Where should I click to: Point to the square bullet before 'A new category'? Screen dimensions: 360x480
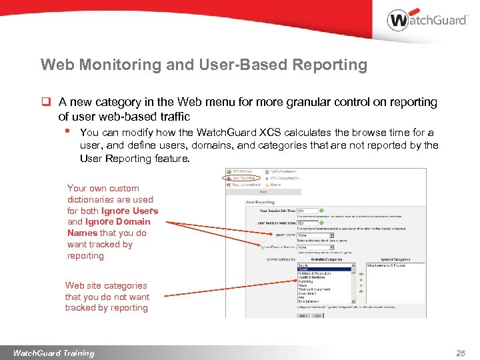click(x=46, y=103)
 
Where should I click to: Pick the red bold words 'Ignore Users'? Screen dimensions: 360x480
click(x=129, y=211)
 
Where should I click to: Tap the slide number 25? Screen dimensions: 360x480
click(x=460, y=353)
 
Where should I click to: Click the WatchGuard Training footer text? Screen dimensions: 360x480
click(x=53, y=353)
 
